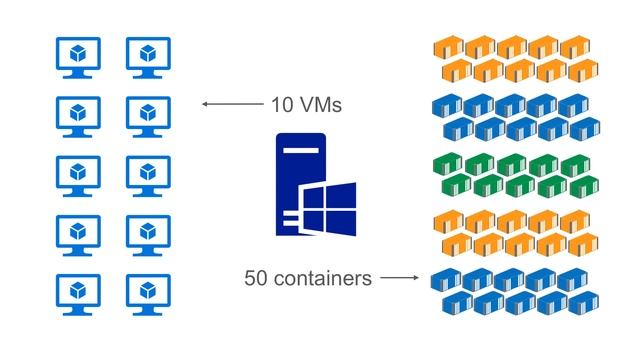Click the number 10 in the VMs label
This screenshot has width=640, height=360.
(282, 103)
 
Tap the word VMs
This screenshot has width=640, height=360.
(322, 103)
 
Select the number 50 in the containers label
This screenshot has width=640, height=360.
(259, 278)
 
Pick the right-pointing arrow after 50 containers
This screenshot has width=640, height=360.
(400, 278)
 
